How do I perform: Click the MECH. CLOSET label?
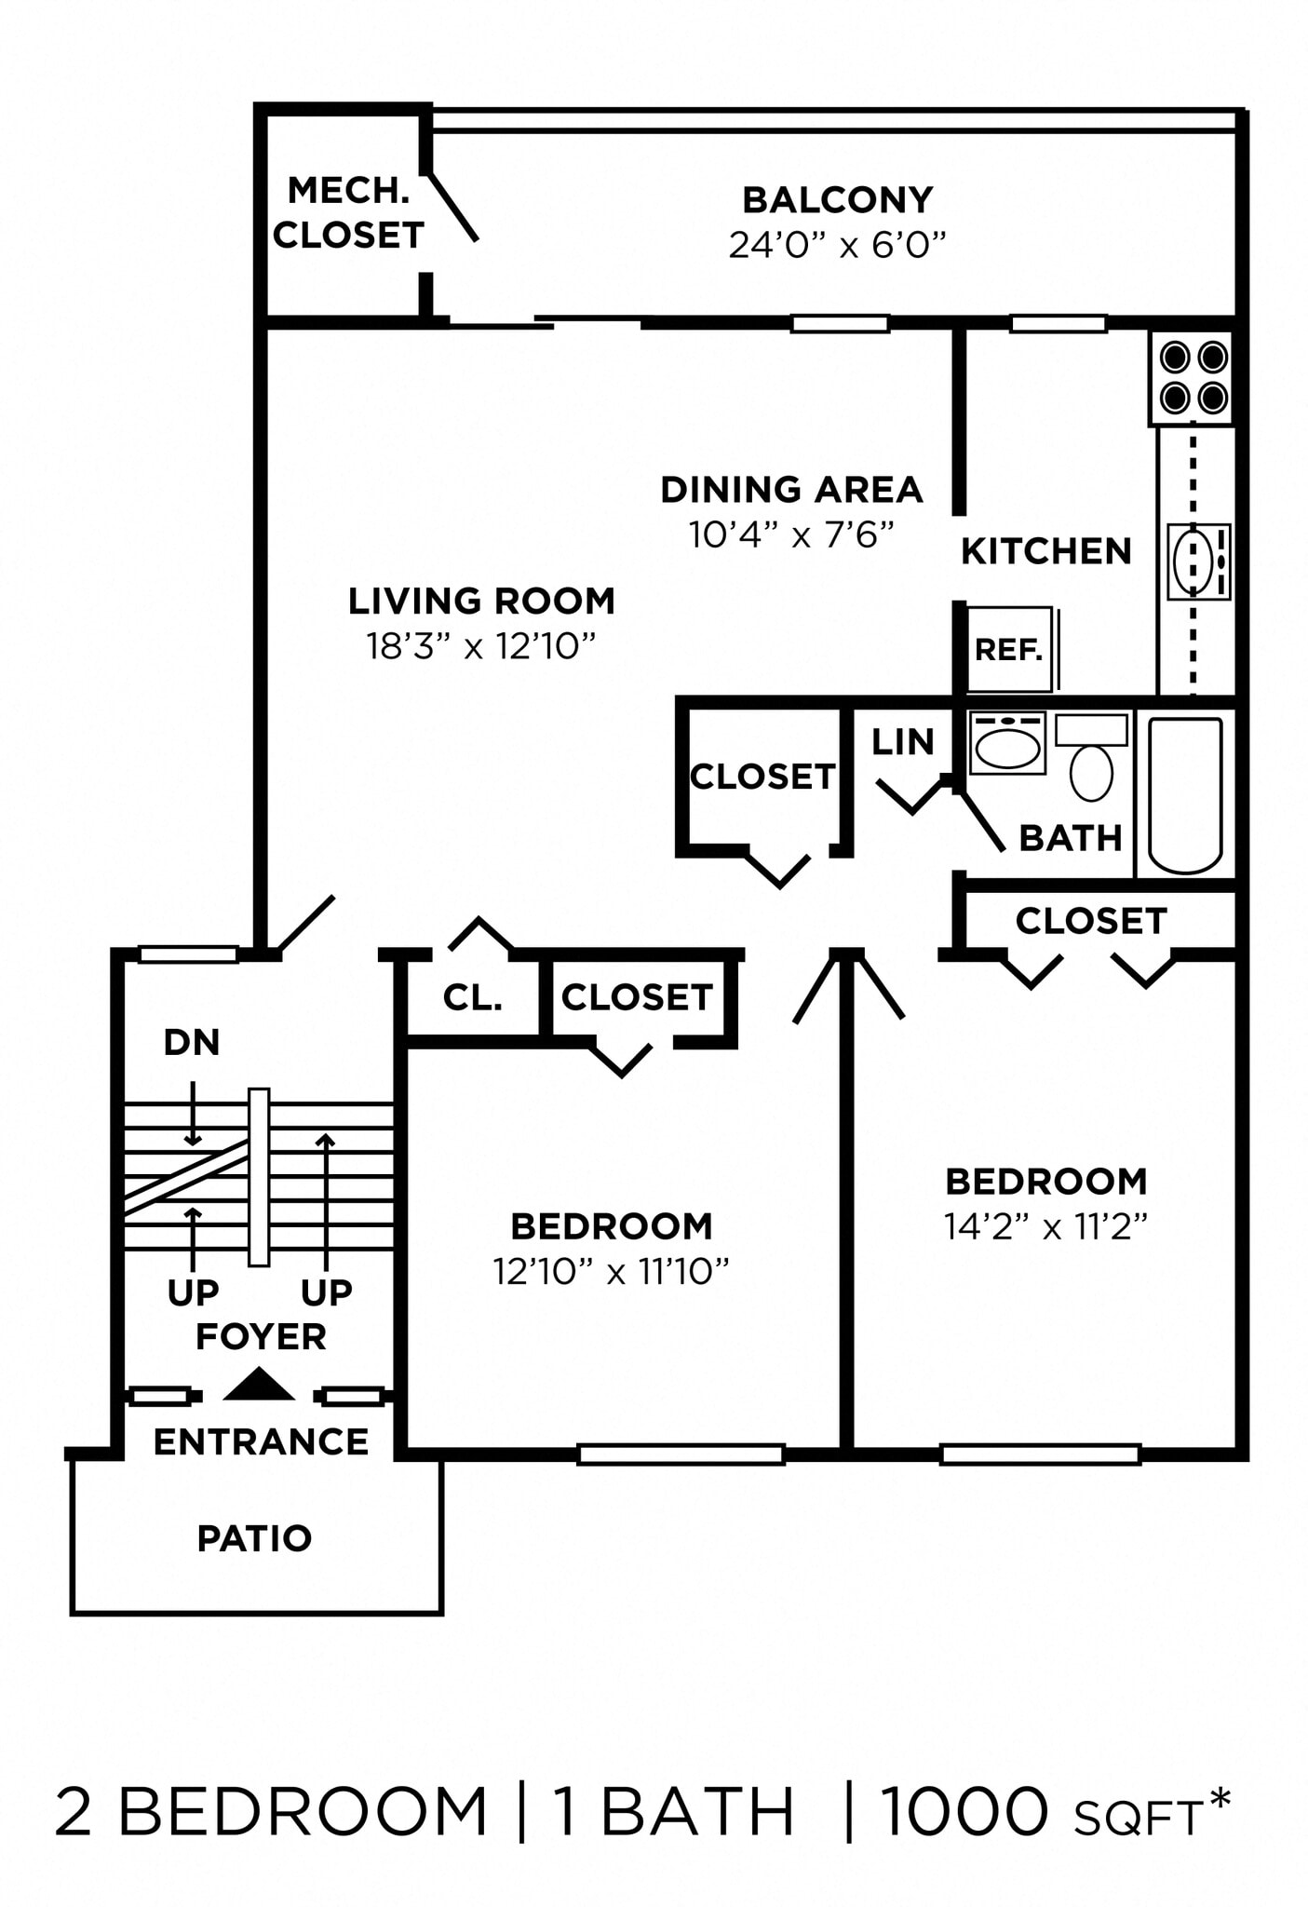click(348, 212)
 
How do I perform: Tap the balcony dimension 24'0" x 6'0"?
click(837, 245)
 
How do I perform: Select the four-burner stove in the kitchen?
click(1193, 378)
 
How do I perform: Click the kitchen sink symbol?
click(1197, 561)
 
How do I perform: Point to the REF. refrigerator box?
click(1009, 649)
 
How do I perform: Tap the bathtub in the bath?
click(1184, 794)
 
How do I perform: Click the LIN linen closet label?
click(902, 742)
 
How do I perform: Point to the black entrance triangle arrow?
click(259, 1386)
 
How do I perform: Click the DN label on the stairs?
click(191, 1043)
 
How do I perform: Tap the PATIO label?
click(254, 1538)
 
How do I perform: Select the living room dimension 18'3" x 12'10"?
click(480, 645)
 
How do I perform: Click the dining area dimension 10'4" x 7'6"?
click(791, 534)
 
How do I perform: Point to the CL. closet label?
click(472, 998)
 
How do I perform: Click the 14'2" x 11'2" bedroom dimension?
click(1045, 1226)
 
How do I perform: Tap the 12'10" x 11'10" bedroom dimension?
click(611, 1271)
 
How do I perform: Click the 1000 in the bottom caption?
click(964, 1812)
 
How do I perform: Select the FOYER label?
click(261, 1337)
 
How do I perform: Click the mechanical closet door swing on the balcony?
click(453, 208)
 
